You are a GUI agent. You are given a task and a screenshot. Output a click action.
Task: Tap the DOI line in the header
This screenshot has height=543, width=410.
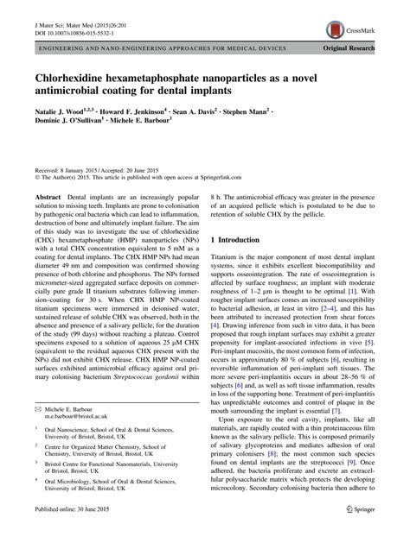(x=68, y=17)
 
